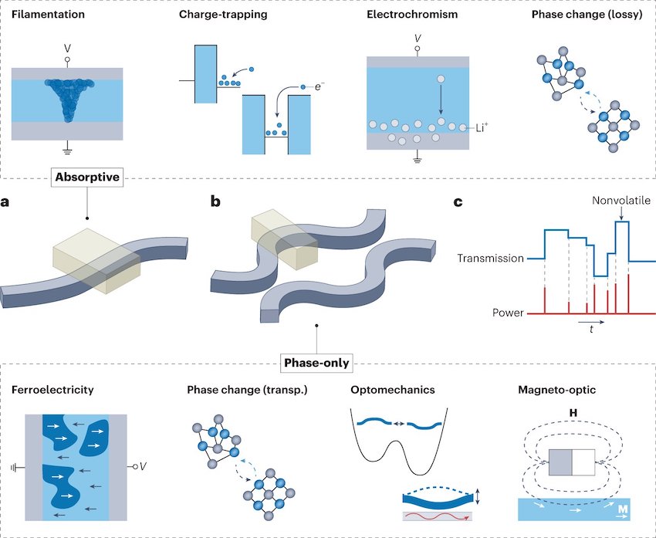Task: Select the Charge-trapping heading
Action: [x=228, y=14]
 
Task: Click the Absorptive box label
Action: [x=86, y=177]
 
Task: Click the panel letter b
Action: [x=217, y=204]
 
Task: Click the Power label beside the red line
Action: [x=508, y=314]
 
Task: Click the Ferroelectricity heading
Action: [x=52, y=390]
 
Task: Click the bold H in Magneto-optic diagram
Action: [x=571, y=414]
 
